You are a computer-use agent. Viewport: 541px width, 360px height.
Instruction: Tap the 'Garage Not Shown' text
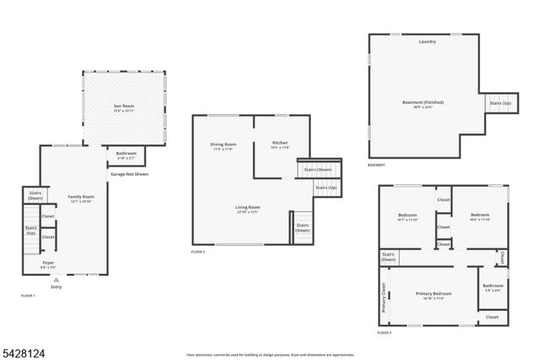click(x=128, y=174)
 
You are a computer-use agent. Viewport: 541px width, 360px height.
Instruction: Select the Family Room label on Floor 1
click(x=81, y=199)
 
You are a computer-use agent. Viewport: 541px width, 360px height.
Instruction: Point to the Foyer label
click(x=49, y=264)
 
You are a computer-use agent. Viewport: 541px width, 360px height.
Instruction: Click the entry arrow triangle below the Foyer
click(x=57, y=279)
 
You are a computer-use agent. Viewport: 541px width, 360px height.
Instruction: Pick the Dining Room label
click(x=223, y=145)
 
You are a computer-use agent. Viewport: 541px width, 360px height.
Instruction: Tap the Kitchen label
click(x=280, y=145)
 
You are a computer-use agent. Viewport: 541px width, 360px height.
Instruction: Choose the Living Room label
click(x=247, y=208)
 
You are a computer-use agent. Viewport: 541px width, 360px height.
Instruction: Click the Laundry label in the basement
click(x=426, y=41)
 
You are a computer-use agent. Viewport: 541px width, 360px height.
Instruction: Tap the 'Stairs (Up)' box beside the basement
click(x=500, y=103)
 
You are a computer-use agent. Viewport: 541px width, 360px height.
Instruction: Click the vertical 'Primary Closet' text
click(x=384, y=297)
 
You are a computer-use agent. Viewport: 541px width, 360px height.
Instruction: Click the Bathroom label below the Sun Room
click(x=126, y=155)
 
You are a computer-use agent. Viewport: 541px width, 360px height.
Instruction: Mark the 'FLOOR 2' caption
click(x=198, y=252)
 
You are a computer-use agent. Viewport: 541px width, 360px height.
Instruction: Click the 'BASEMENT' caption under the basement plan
click(x=376, y=165)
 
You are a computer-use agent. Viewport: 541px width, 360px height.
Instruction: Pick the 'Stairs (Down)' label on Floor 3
click(x=388, y=257)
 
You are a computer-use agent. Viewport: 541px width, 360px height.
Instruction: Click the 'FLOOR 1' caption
click(x=27, y=295)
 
